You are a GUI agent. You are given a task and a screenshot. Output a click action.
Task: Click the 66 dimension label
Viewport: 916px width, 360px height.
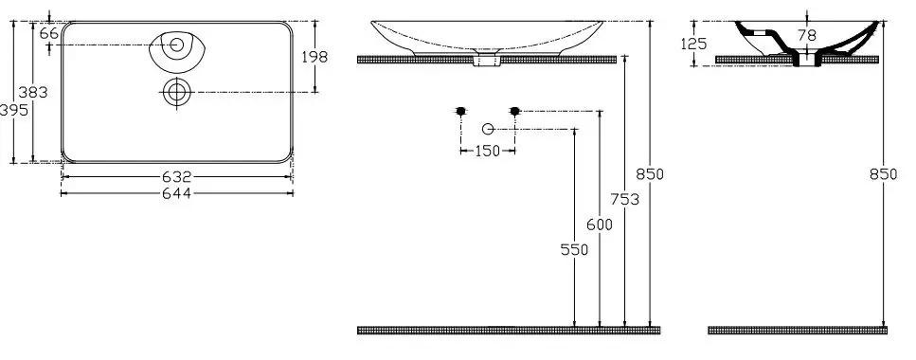49,33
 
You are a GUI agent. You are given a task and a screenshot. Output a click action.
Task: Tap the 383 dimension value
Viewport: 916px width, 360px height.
33,92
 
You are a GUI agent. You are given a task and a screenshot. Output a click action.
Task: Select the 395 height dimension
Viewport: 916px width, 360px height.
13,110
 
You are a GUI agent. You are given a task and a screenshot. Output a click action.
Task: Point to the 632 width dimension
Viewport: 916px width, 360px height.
176,176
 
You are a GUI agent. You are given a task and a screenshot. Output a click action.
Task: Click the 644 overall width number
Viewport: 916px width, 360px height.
176,193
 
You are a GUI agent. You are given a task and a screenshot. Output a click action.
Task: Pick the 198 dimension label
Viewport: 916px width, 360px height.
314,57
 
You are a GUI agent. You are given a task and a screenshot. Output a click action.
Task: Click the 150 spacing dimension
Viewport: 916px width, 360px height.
487,151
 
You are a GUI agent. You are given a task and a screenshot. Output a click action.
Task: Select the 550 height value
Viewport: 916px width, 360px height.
574,249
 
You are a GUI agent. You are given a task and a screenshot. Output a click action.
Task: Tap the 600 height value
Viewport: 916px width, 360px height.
600,225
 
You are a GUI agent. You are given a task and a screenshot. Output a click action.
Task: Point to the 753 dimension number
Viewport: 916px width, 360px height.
624,199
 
